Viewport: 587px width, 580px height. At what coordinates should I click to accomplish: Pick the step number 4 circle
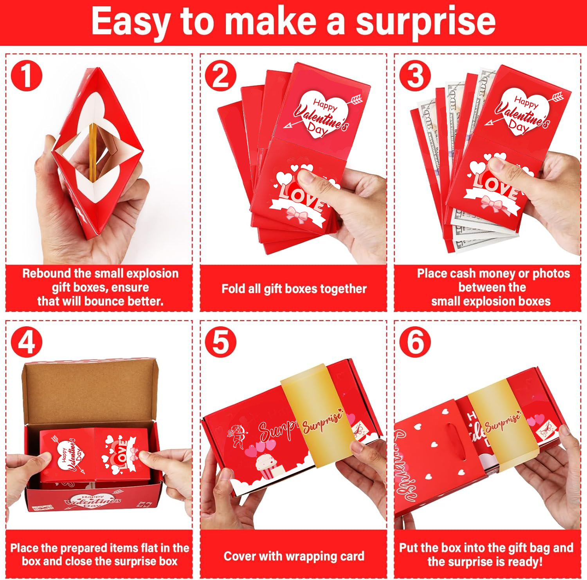[27, 342]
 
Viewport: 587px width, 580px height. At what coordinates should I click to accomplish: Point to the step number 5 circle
[221, 342]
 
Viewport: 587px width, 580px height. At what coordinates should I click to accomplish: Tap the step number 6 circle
[415, 342]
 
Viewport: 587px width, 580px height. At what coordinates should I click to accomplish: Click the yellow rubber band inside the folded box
[92, 152]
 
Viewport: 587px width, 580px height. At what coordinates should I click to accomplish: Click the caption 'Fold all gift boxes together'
[293, 289]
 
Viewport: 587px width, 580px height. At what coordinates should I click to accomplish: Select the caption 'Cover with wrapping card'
[293, 556]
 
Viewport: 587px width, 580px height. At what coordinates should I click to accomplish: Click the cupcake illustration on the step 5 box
[266, 465]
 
